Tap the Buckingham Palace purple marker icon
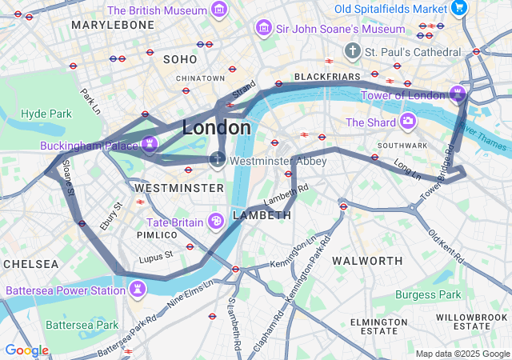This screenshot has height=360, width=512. click(x=147, y=144)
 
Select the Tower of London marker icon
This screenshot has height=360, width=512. click(x=458, y=94)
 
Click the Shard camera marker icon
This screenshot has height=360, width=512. click(x=408, y=122)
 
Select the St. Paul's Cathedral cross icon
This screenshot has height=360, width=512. click(x=352, y=51)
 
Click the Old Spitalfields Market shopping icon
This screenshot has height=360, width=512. click(x=458, y=8)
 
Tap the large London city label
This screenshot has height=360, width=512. click(x=217, y=127)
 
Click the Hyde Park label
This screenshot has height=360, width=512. click(x=46, y=114)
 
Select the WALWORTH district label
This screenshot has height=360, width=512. click(x=367, y=261)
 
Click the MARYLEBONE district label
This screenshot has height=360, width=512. click(x=112, y=25)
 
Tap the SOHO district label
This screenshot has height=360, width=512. click(x=179, y=59)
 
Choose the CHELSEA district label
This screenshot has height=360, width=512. click(x=30, y=263)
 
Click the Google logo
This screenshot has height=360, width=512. click(x=26, y=350)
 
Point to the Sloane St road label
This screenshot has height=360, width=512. click(x=68, y=182)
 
